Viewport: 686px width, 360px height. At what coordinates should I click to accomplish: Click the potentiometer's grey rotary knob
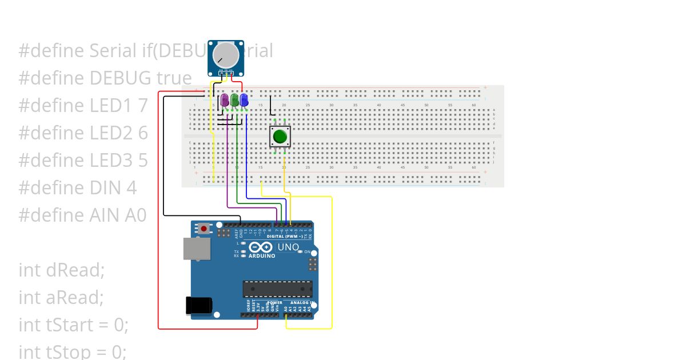click(x=225, y=55)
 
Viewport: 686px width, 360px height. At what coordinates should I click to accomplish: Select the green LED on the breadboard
click(x=234, y=101)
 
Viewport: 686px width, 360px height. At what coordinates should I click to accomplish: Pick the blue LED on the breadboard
click(x=244, y=101)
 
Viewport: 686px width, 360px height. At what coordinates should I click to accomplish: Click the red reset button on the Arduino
click(x=204, y=229)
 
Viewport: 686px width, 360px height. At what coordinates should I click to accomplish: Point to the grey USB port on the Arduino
click(x=196, y=249)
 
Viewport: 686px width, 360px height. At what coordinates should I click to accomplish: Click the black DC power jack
click(x=198, y=305)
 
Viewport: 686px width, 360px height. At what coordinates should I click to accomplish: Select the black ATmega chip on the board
click(x=278, y=289)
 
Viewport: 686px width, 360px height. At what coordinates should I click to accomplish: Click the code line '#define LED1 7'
click(x=83, y=105)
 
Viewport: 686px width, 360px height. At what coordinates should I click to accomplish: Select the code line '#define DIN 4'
click(x=78, y=187)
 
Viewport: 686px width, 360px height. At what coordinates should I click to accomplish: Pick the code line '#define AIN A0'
click(x=83, y=215)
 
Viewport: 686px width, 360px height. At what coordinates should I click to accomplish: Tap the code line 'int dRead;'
click(x=62, y=270)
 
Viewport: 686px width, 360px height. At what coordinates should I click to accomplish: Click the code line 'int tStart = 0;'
click(x=74, y=325)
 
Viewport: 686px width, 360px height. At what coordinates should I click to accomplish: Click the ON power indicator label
click(x=307, y=252)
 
